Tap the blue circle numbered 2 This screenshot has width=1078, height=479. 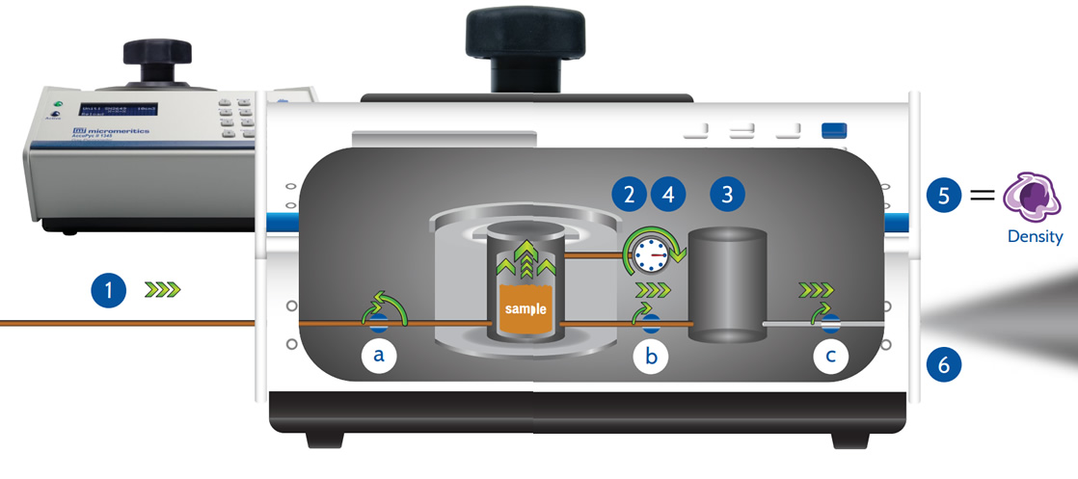(630, 194)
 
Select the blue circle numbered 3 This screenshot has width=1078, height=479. (727, 194)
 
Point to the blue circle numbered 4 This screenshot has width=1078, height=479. (667, 194)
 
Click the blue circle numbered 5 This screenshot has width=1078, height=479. (944, 195)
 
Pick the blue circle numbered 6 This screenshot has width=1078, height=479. (944, 364)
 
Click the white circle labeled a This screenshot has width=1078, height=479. (379, 357)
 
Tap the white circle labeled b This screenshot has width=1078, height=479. (651, 357)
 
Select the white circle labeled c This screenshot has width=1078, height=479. (830, 357)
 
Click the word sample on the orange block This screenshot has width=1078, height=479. (526, 309)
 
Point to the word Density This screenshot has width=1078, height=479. (1035, 236)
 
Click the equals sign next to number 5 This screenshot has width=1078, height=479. (982, 195)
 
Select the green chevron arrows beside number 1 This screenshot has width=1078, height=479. (161, 288)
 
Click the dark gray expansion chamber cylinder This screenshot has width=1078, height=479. (727, 284)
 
